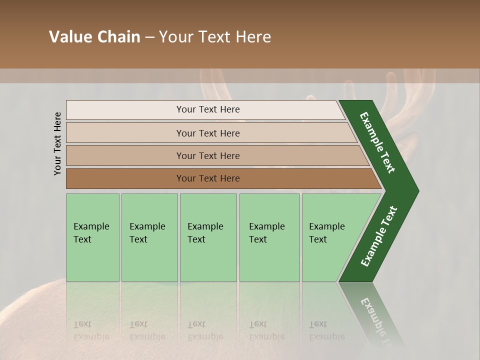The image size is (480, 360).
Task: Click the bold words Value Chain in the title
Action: [x=94, y=37]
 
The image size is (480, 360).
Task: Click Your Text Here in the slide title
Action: [x=215, y=37]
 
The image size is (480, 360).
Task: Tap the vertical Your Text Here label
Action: [x=57, y=143]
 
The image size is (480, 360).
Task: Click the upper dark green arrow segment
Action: [x=377, y=142]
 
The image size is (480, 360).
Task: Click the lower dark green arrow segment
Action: [x=378, y=237]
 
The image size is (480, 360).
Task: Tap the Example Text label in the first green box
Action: [x=91, y=233]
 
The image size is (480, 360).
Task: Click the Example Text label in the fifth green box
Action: [x=326, y=233]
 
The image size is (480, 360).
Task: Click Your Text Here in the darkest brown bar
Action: [x=208, y=178]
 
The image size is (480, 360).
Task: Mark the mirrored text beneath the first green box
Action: [x=91, y=330]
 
